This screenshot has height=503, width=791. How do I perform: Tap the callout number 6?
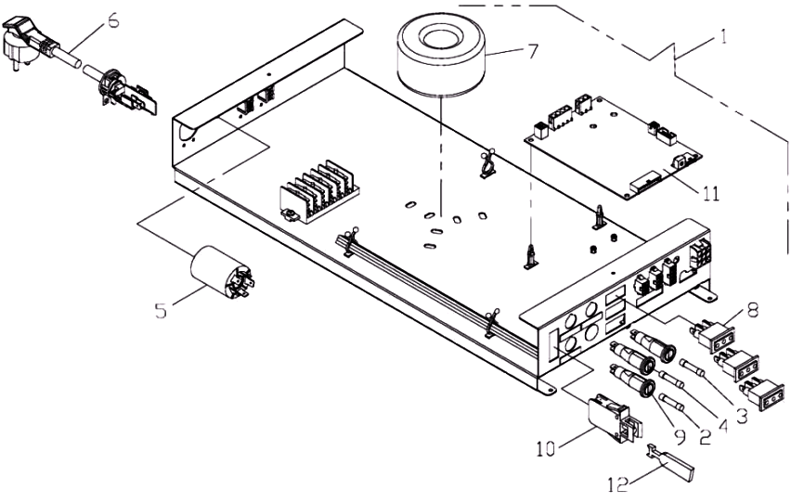tap(113, 19)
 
